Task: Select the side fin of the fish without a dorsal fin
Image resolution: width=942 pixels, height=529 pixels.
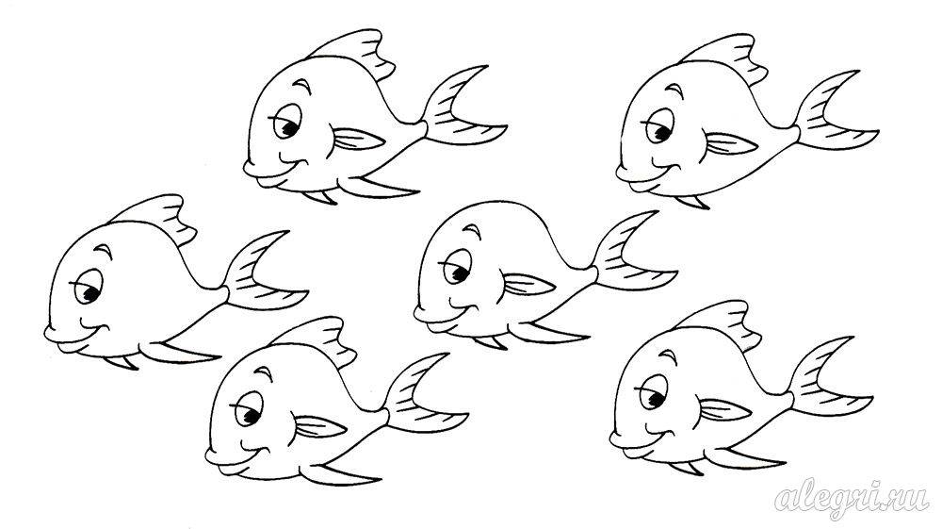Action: coord(528,285)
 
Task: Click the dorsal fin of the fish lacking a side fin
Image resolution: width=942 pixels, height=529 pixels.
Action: coord(155,218)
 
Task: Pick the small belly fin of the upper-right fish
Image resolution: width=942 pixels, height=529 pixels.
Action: coord(693,202)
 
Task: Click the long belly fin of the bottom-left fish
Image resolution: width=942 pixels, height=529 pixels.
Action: coord(340,473)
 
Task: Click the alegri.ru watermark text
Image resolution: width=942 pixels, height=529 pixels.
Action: coord(853,498)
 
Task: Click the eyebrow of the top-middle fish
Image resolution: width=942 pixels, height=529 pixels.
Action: coord(304,86)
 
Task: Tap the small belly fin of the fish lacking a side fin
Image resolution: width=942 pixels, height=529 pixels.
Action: coord(122,362)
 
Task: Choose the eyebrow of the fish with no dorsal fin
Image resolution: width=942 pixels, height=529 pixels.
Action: coord(474,231)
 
